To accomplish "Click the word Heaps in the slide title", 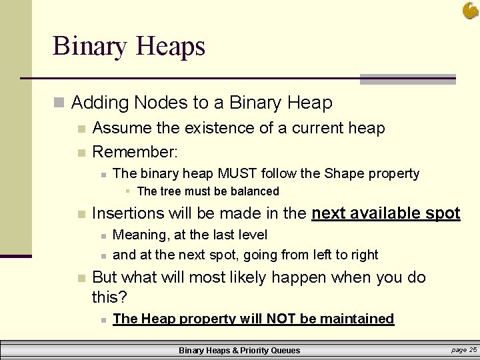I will click(170, 47).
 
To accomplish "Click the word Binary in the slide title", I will click(91, 47).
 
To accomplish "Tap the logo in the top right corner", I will click(470, 10).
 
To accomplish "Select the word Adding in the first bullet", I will click(99, 103).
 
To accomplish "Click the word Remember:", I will click(135, 152).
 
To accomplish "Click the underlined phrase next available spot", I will click(386, 213).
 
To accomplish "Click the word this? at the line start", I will click(109, 295).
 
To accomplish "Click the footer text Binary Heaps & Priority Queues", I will click(239, 350).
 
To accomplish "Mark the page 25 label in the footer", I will click(464, 349).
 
